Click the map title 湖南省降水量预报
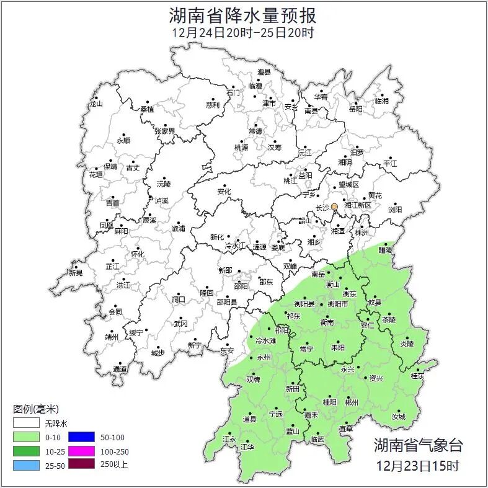pos(243,14)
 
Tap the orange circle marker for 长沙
pos(334,206)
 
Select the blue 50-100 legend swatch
pos(81,438)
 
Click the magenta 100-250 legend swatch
pos(81,451)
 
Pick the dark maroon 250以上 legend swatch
pos(81,464)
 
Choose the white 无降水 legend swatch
pos(25,424)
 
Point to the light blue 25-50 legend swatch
pos(25,464)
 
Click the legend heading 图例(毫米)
pos(35,409)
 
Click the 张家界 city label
pos(165,131)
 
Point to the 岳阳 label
pos(355,109)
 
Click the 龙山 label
pos(95,104)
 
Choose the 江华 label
pos(248,446)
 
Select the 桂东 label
pos(417,376)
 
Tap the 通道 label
pos(120,370)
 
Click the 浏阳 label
pos(394,210)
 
